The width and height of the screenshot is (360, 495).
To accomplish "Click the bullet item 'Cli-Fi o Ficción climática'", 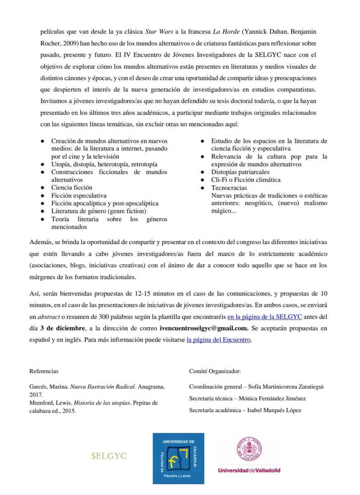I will (246, 180).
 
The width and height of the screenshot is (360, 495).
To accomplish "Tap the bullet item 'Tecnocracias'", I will (230, 188).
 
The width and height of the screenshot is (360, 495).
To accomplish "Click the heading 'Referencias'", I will (44, 371).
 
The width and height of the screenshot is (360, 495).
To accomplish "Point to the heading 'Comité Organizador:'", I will (214, 371).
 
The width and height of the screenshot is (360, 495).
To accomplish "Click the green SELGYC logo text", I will (109, 456).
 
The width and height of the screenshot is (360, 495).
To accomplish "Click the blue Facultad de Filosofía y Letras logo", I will (178, 458).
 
